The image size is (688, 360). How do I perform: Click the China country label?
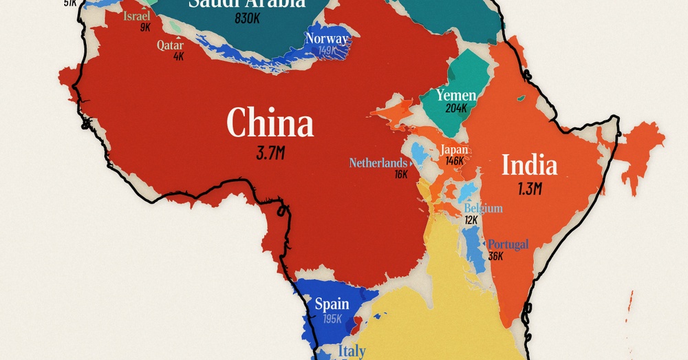(270, 124)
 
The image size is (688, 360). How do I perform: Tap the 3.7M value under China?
(270, 153)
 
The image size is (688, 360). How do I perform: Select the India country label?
(529, 165)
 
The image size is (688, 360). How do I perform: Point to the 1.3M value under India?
(529, 188)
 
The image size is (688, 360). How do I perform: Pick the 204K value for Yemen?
(456, 108)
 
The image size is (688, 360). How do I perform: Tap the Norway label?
(327, 39)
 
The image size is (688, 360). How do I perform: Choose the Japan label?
(454, 149)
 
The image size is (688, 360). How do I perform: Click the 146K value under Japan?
(454, 161)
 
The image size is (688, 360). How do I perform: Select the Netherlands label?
(378, 163)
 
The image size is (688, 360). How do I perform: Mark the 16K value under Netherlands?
(401, 175)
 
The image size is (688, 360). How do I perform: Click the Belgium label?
(483, 208)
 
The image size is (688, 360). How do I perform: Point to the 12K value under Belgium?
(471, 220)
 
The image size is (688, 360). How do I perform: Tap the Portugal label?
(508, 244)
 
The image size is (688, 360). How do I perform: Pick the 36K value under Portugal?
(495, 256)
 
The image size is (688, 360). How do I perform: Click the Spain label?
(332, 304)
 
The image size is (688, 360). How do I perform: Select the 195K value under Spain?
(332, 318)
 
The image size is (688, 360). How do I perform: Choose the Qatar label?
(170, 45)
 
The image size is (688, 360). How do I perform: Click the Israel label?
(136, 16)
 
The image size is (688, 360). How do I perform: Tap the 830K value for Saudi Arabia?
(246, 19)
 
